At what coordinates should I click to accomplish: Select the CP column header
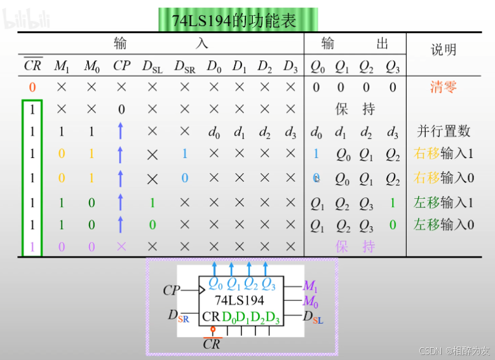(x=121, y=66)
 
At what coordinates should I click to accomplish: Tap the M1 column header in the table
(x=62, y=66)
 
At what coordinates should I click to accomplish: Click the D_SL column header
(x=153, y=67)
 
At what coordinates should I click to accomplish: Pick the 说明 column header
(x=443, y=50)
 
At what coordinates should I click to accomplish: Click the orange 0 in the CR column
(x=32, y=88)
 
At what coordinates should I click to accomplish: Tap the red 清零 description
(x=443, y=87)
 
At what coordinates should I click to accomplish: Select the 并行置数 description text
(x=444, y=131)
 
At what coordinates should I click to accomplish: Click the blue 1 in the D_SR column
(x=184, y=154)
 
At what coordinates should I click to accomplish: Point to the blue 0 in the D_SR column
(x=184, y=178)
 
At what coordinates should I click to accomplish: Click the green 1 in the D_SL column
(x=153, y=203)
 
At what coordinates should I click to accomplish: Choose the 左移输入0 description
(x=444, y=224)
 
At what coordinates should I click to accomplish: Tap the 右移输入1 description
(x=444, y=154)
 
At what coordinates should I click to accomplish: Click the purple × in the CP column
(x=121, y=246)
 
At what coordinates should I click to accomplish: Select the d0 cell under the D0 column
(x=214, y=133)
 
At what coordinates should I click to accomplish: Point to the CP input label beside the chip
(x=172, y=290)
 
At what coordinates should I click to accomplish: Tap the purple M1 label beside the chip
(x=310, y=286)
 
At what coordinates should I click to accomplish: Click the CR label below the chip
(x=212, y=343)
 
